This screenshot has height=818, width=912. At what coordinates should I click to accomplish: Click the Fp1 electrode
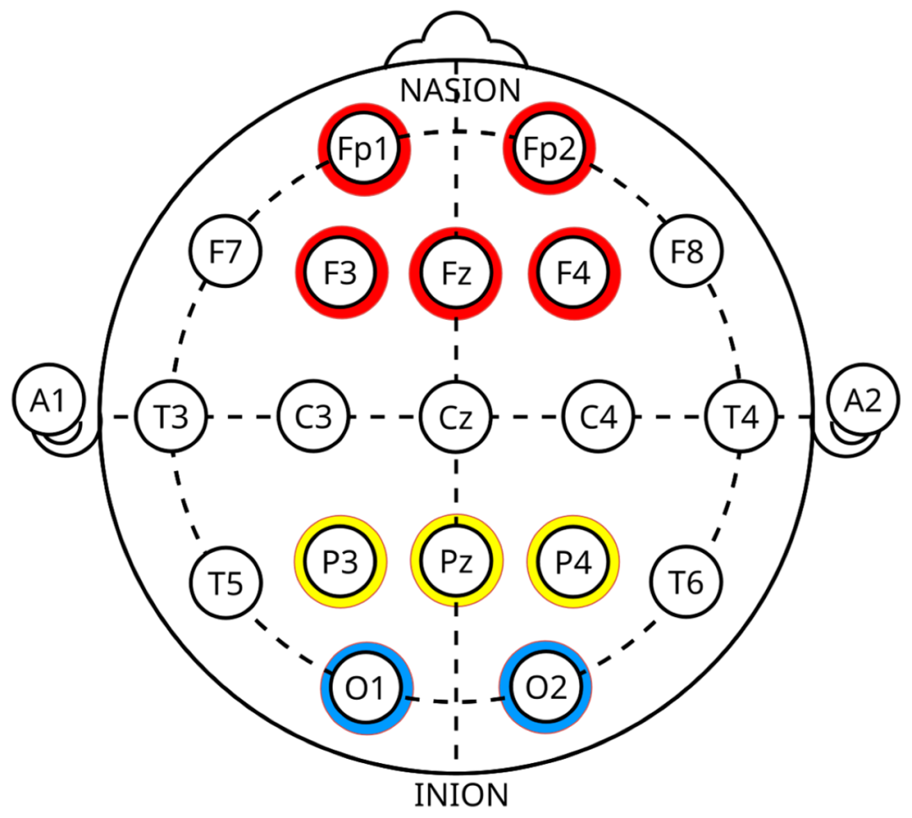364,149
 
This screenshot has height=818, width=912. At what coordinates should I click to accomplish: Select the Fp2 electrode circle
549,149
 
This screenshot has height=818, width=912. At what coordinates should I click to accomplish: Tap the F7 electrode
225,252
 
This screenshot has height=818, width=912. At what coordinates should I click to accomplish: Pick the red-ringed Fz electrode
456,274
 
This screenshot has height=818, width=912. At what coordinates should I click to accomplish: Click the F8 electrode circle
687,252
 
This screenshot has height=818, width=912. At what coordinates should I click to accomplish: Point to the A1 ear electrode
49,400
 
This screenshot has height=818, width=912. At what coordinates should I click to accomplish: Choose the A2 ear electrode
863,400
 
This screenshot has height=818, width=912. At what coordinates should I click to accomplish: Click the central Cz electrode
456,417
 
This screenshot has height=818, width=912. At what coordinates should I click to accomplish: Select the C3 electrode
313,417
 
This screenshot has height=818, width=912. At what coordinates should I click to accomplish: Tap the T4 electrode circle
741,417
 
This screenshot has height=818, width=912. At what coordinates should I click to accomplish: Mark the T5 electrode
225,582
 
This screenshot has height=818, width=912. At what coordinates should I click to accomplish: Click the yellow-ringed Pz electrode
457,561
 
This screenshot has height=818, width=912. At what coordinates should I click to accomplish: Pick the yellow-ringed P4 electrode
573,561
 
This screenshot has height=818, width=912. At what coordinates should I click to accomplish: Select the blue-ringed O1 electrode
366,688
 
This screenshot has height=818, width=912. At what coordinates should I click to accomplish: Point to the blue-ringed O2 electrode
546,687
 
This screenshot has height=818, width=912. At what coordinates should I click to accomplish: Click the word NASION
460,90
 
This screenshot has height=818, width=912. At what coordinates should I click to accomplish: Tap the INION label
461,795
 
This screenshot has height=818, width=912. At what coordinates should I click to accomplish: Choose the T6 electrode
687,582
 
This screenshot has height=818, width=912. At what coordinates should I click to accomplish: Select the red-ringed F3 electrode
341,273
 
